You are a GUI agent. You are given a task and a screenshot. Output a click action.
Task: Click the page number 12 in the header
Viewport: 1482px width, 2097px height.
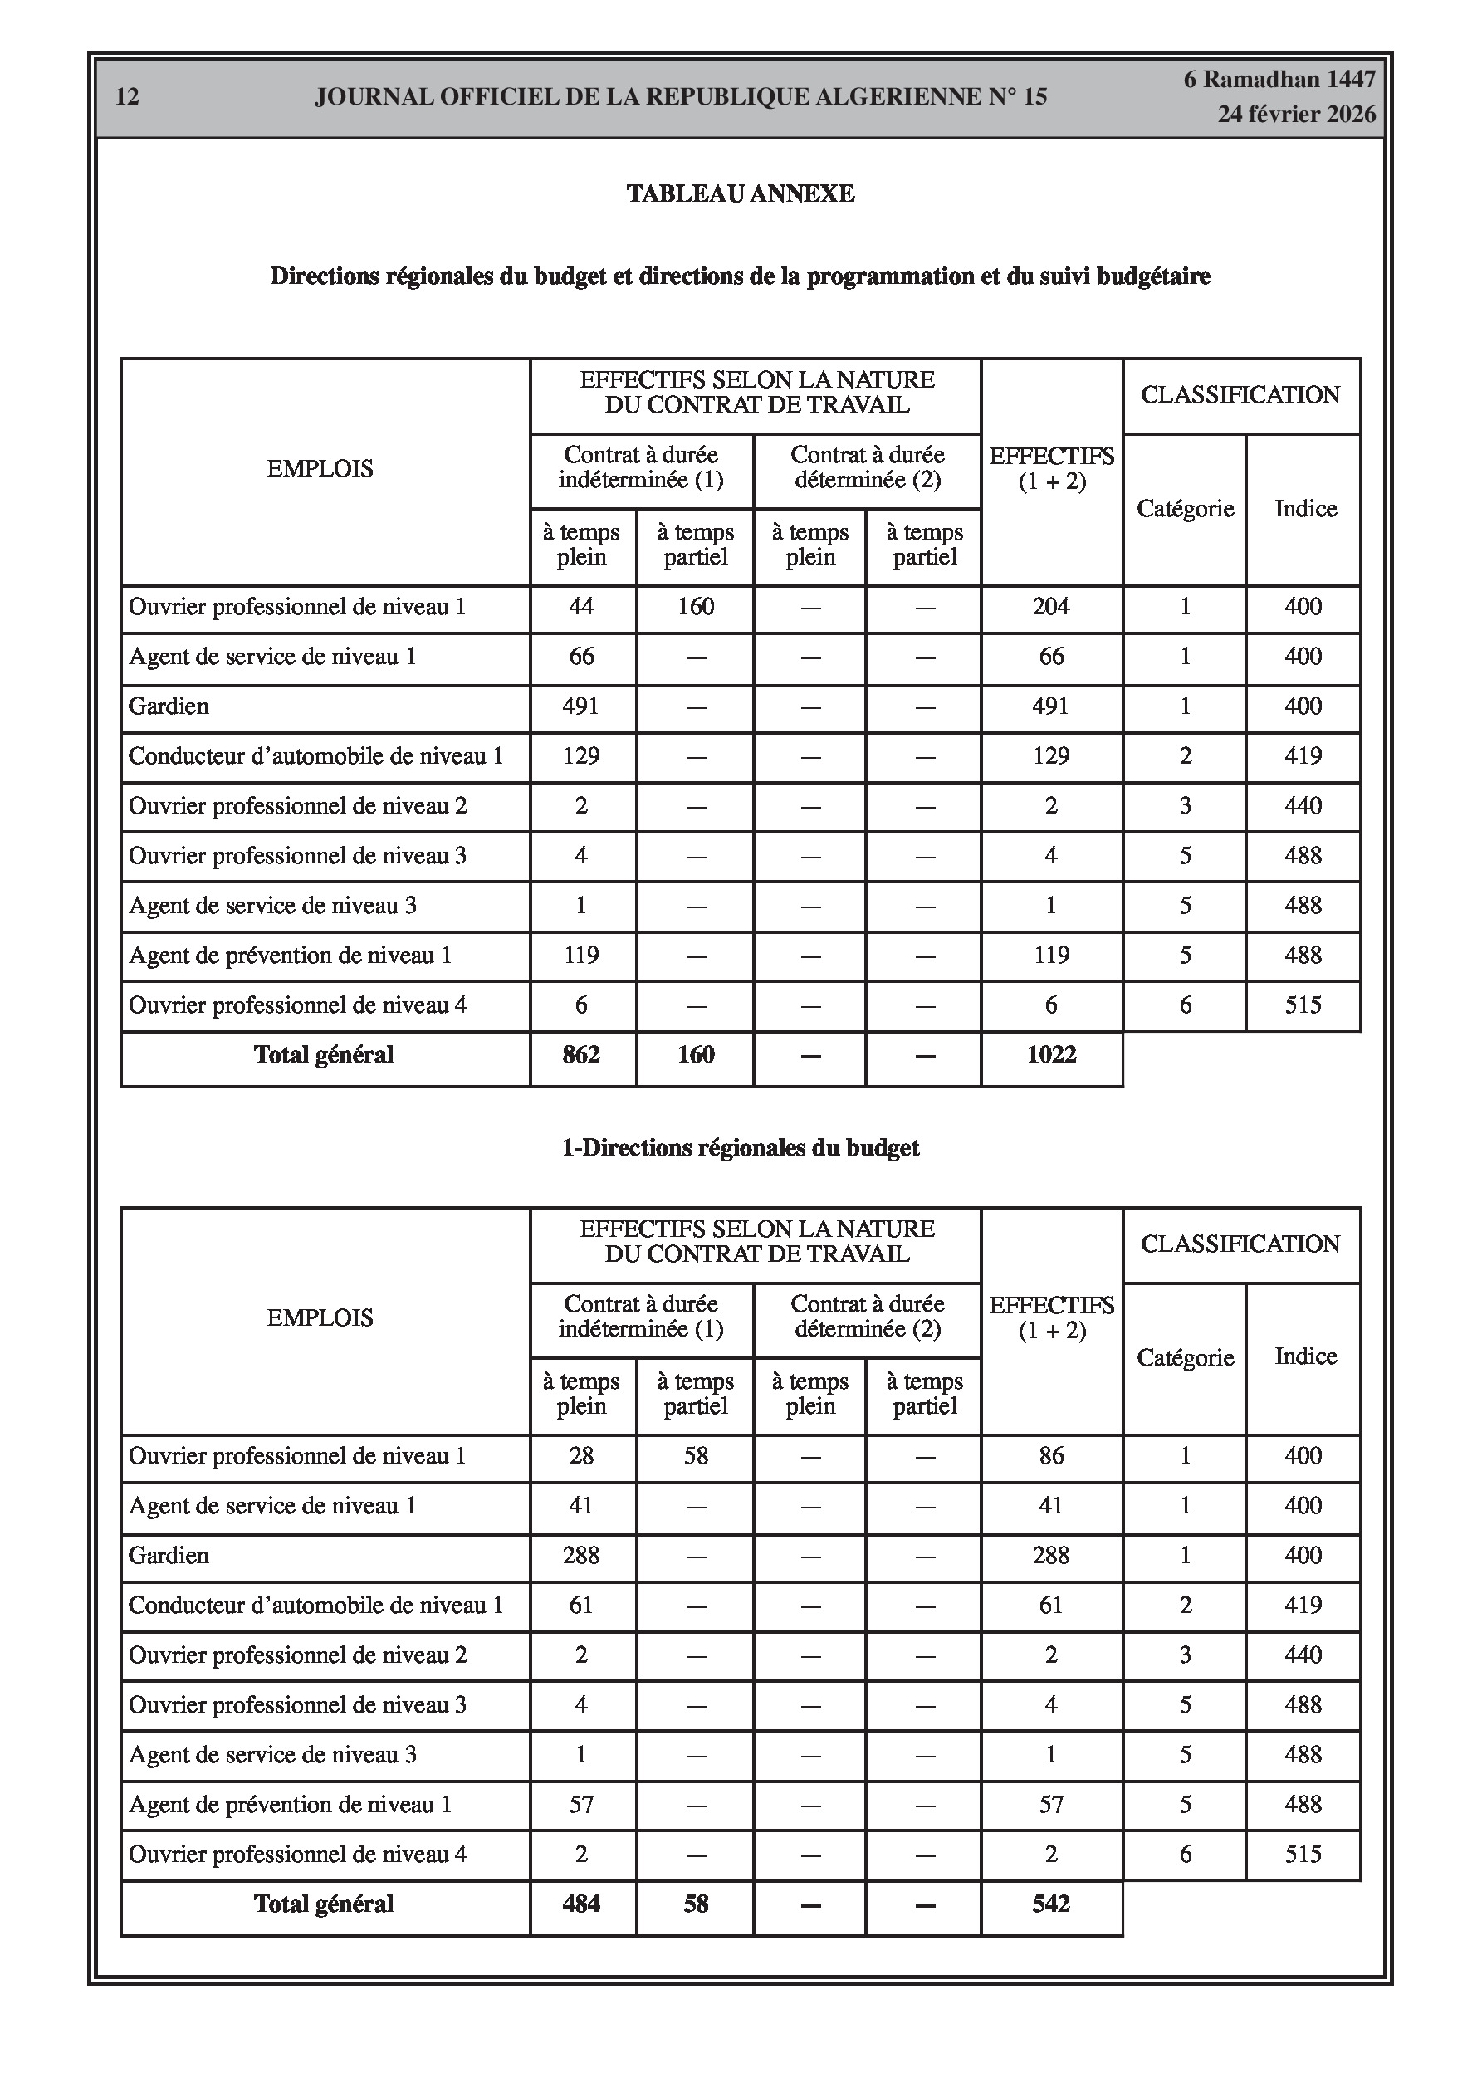coord(127,97)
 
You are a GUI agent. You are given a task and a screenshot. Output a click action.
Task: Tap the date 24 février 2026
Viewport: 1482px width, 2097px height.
coord(1295,115)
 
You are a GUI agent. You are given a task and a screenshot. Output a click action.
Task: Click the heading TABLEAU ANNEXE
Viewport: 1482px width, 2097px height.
coord(740,193)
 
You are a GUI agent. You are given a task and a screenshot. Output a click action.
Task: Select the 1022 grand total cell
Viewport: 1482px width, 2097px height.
coord(1052,1055)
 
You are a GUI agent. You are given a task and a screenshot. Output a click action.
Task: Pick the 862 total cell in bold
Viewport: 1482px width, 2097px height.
coord(581,1055)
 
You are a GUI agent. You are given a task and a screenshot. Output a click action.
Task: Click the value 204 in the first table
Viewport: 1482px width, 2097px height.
coord(1051,607)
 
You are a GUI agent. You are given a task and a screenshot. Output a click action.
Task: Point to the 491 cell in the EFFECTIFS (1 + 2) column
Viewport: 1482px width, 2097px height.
coord(1051,706)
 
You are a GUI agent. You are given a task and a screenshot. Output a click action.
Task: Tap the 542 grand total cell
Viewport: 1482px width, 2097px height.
coord(1051,1904)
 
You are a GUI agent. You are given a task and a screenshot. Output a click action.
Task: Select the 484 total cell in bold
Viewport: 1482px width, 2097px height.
coord(581,1904)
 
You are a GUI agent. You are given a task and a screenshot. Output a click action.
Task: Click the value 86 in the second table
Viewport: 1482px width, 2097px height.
coord(1051,1456)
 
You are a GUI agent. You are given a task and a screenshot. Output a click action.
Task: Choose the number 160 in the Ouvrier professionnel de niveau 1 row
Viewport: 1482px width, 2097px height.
coord(695,607)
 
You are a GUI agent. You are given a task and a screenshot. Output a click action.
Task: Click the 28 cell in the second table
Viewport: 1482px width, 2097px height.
coord(581,1456)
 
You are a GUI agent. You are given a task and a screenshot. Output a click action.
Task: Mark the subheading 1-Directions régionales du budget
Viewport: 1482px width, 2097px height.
coord(740,1148)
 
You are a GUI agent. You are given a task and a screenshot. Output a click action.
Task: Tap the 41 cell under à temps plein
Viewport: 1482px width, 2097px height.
coord(581,1505)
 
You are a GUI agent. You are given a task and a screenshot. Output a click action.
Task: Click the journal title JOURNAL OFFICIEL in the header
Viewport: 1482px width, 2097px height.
coord(680,97)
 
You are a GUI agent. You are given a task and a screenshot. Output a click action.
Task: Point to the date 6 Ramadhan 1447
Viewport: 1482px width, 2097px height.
coord(1279,80)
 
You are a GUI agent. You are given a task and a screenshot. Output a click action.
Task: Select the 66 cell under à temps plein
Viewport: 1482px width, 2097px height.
coord(581,657)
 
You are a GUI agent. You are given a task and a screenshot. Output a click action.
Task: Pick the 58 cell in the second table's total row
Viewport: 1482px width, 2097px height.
coord(695,1904)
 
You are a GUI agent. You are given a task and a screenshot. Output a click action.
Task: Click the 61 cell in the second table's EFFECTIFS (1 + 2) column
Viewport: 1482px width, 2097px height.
coord(1051,1605)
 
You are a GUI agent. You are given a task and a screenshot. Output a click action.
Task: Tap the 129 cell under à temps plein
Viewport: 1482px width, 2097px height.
coord(581,756)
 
